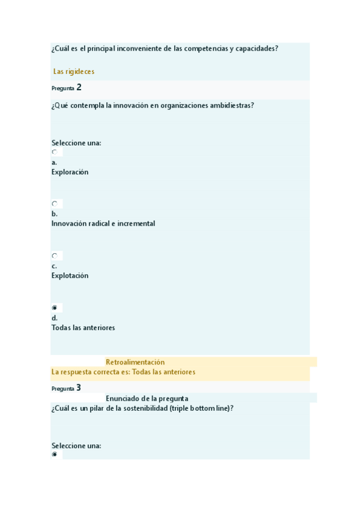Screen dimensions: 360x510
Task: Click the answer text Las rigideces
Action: click(x=73, y=72)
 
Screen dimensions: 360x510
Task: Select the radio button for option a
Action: click(x=55, y=152)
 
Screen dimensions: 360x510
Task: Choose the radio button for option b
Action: click(x=55, y=204)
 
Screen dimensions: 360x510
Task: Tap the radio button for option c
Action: click(x=55, y=256)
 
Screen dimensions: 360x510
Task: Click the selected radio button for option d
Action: click(x=55, y=308)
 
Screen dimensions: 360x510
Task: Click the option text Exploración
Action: click(x=70, y=172)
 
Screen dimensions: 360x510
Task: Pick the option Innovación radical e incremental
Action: click(x=103, y=224)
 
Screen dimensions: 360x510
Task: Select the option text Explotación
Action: click(x=70, y=275)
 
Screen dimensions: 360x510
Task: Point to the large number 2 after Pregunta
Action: click(x=79, y=87)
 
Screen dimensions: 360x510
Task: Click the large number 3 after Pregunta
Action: click(x=79, y=388)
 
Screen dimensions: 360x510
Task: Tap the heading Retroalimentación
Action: click(x=135, y=362)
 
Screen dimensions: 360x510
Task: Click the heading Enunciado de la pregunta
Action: click(x=147, y=398)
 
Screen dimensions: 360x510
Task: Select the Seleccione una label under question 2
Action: click(x=76, y=143)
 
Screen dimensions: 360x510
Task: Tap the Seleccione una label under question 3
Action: click(x=76, y=446)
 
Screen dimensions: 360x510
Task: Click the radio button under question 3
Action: click(x=55, y=455)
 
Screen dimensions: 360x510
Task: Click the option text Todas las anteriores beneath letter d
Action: click(x=83, y=328)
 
